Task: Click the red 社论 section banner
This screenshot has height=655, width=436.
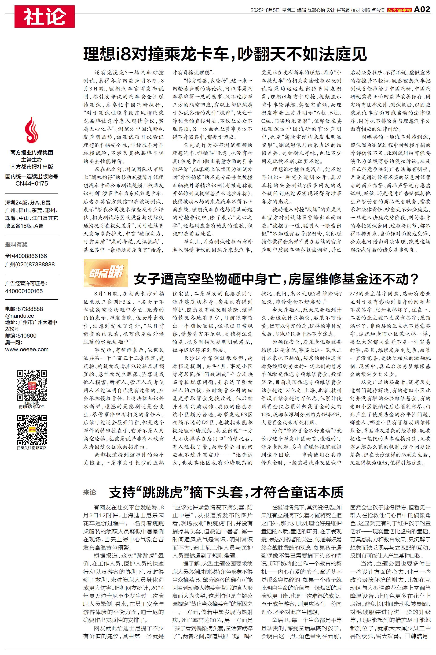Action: click(44, 16)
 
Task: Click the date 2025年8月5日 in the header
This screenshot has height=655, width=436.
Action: click(265, 10)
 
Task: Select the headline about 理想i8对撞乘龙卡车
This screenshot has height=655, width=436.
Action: click(225, 54)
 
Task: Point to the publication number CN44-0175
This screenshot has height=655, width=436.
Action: click(32, 184)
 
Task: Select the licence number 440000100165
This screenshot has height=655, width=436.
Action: click(24, 291)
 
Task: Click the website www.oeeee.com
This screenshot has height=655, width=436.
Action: click(27, 350)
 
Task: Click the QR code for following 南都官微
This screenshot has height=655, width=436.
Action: click(32, 430)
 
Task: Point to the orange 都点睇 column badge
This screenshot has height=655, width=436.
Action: click(106, 273)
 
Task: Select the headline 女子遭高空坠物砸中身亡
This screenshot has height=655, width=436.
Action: click(276, 279)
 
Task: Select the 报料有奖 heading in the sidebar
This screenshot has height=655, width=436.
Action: click(16, 245)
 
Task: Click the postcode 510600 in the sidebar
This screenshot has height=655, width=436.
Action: click(27, 335)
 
